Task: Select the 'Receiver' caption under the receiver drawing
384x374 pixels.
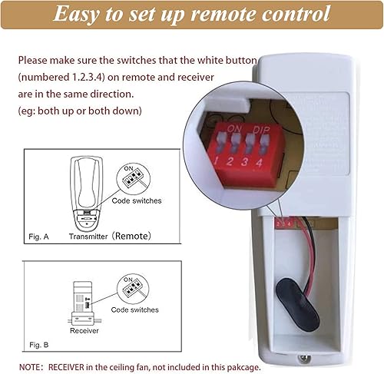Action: tap(84, 332)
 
